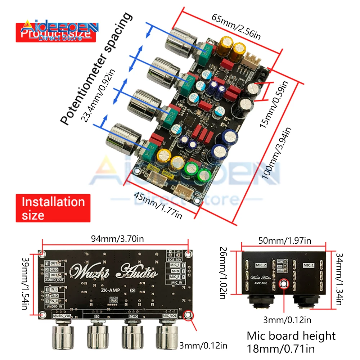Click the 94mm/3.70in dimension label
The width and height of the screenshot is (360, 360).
coord(115,238)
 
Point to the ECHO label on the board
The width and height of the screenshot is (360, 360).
coord(133,316)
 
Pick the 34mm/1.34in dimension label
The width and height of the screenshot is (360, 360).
coord(338,279)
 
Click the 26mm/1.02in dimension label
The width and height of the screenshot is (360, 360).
coord(223,273)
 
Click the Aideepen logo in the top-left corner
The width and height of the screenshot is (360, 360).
coord(58,30)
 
